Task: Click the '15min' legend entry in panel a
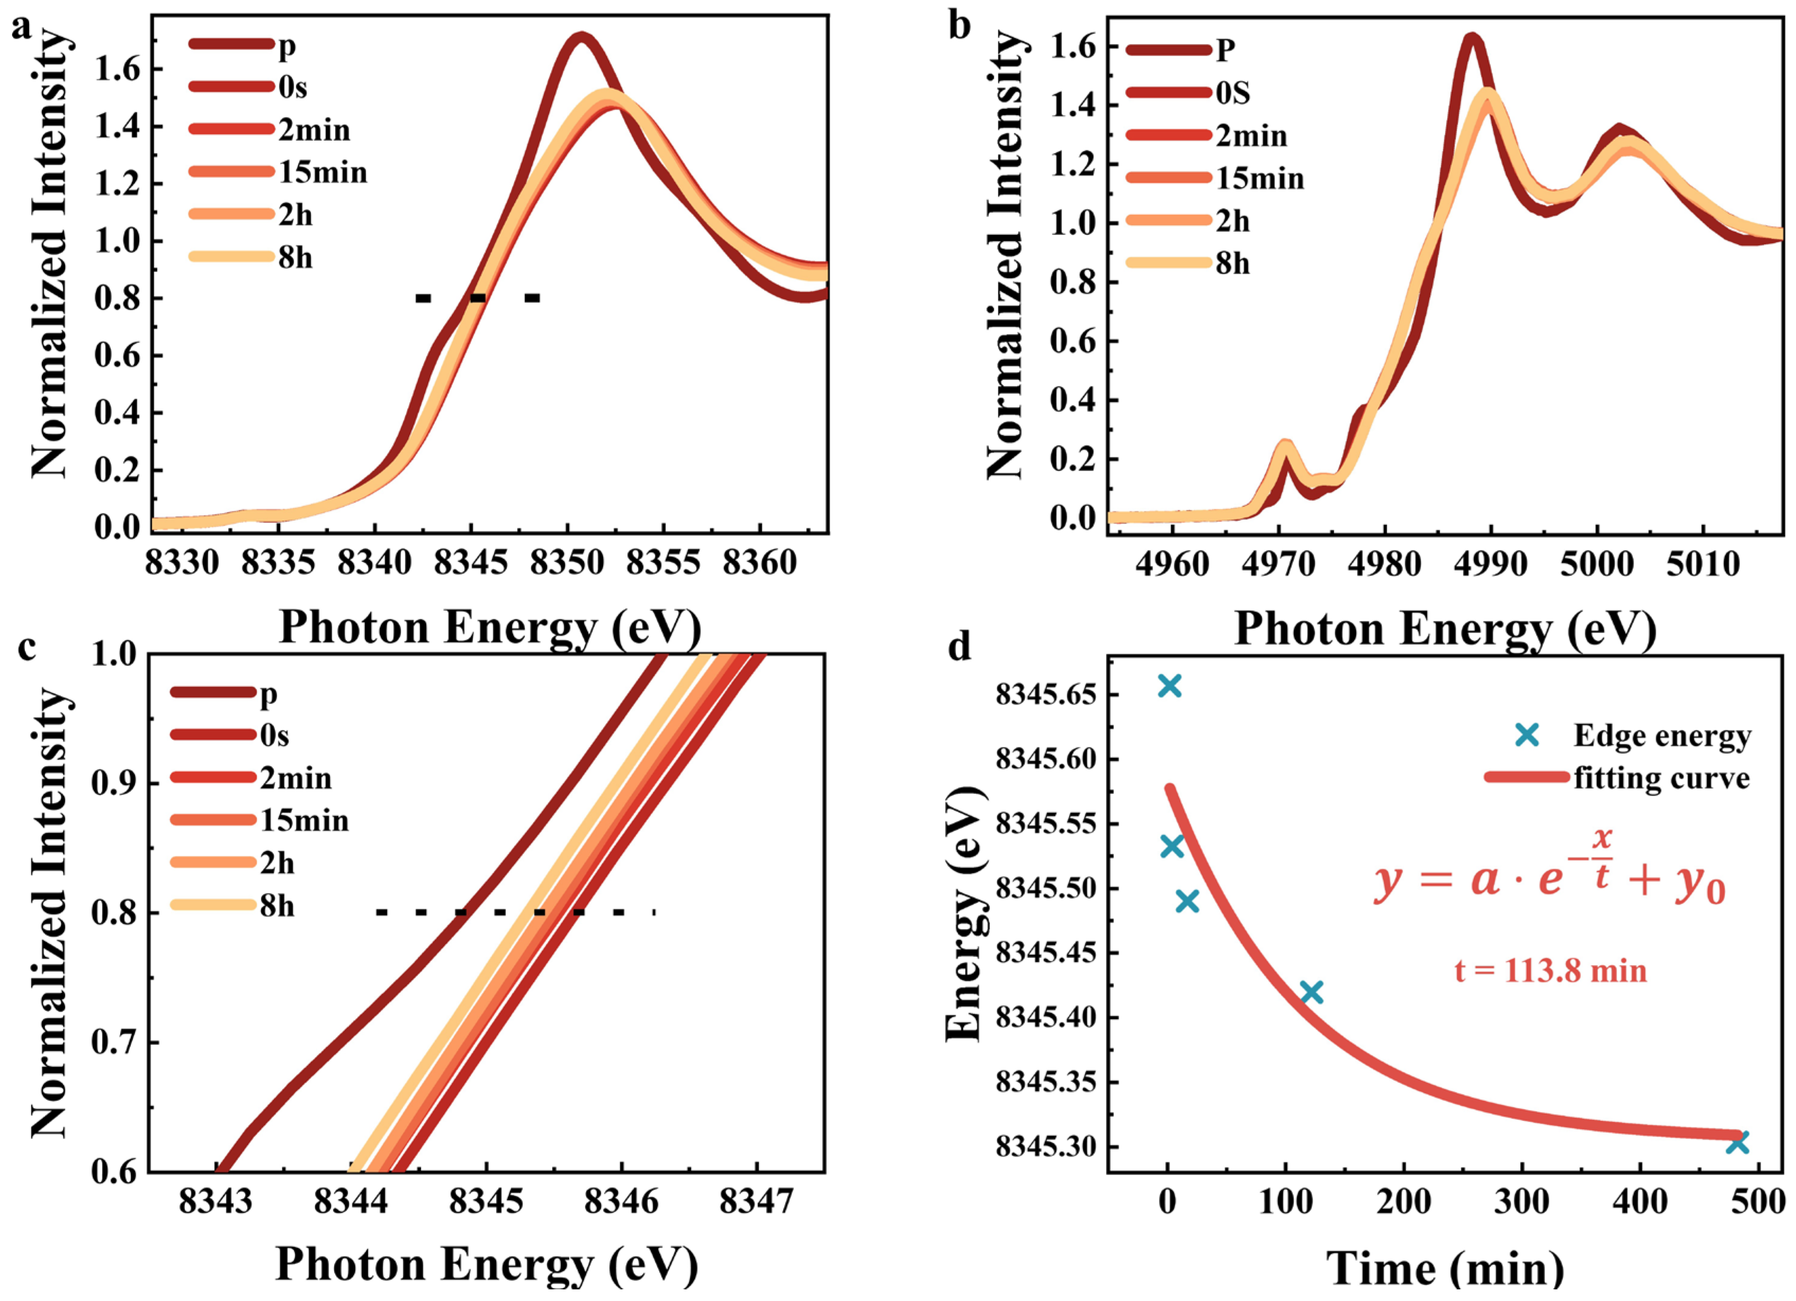click(x=323, y=173)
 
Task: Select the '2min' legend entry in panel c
click(x=295, y=779)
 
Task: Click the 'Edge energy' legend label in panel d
click(x=1662, y=736)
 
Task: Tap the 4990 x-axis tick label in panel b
click(x=1491, y=565)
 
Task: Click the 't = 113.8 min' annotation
click(x=1550, y=971)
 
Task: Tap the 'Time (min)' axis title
click(x=1444, y=1269)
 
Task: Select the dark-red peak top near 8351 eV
click(x=582, y=37)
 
